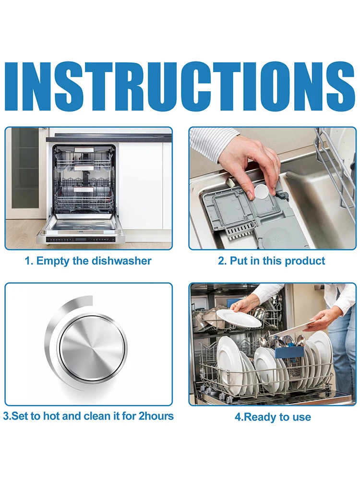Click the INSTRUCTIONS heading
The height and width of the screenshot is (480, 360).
(180, 87)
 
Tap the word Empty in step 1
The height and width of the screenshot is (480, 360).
(53, 262)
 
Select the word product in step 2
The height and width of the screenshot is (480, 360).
(305, 262)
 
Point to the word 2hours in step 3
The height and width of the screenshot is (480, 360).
(156, 416)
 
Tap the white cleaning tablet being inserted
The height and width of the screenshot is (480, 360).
(262, 192)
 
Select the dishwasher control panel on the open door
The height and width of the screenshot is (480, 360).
(81, 240)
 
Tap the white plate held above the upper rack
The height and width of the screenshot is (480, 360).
(239, 317)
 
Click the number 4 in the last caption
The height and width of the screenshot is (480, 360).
(238, 417)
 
